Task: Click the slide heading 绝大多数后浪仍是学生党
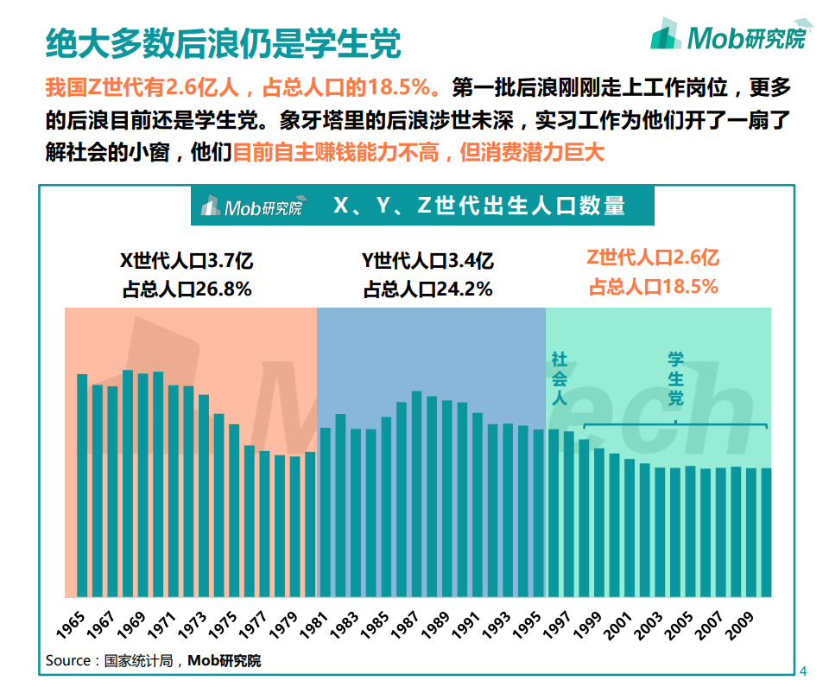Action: click(223, 41)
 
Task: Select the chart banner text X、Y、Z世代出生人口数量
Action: click(478, 206)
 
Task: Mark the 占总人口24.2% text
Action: click(427, 289)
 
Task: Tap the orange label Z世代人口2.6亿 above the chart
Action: click(653, 258)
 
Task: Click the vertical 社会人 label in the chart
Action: click(560, 378)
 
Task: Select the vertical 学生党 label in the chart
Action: click(675, 378)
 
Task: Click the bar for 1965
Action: click(83, 484)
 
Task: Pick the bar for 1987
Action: click(417, 493)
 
